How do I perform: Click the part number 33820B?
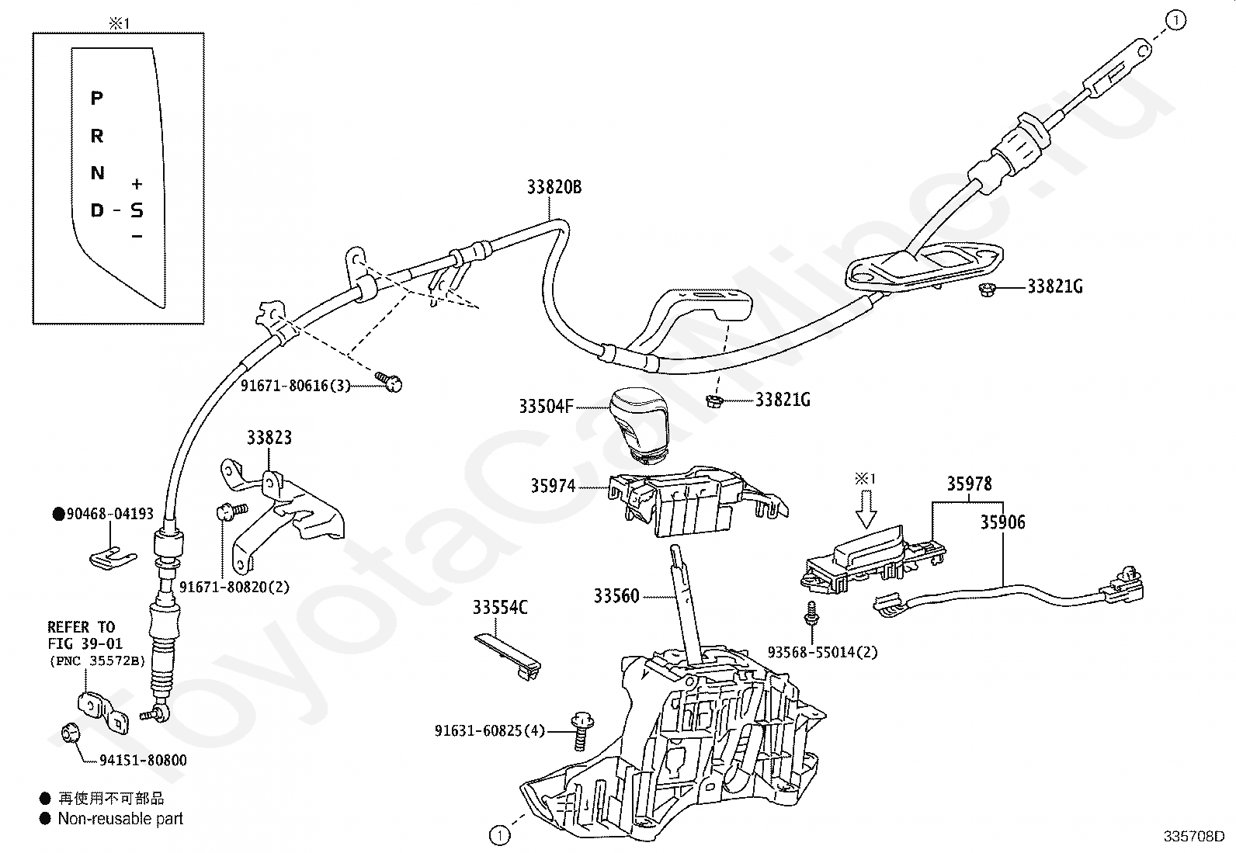[554, 187]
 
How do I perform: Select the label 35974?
[553, 486]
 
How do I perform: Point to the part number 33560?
[616, 596]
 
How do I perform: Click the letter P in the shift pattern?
[97, 98]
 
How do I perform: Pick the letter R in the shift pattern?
[97, 136]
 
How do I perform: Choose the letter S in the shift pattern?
[137, 210]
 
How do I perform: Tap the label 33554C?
[500, 608]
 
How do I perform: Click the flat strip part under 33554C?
[507, 653]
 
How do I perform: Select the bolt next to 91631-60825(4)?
[580, 729]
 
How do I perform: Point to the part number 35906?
[1002, 522]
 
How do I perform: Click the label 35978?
[969, 484]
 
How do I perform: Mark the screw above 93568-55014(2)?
[811, 612]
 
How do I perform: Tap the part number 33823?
[269, 438]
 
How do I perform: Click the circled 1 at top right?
[1176, 21]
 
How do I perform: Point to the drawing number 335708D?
[1193, 837]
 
